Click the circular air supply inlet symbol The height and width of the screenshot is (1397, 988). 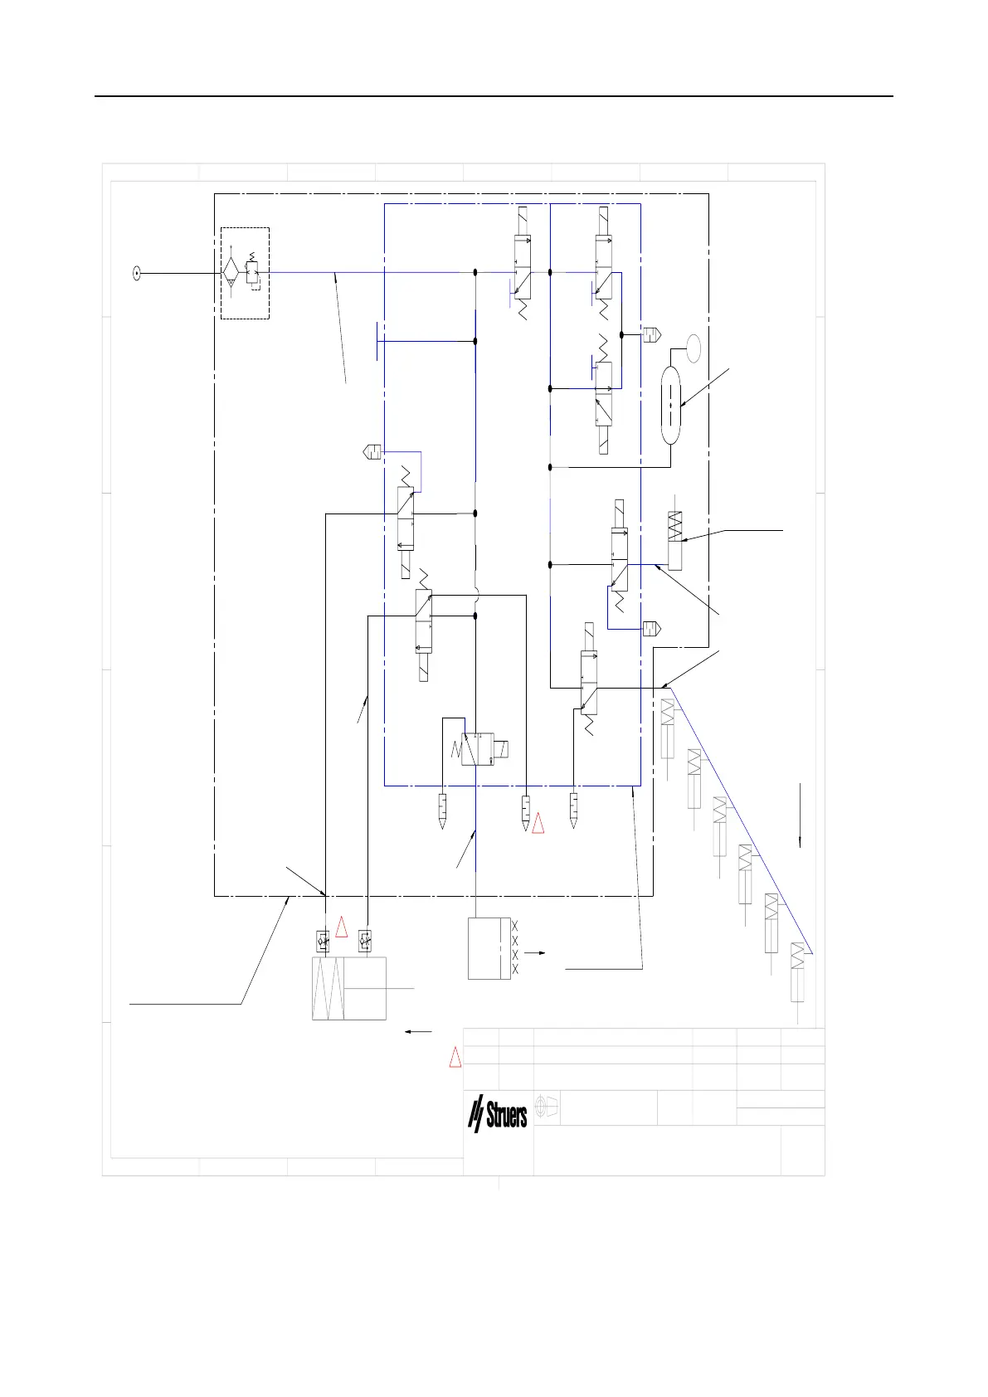pos(137,272)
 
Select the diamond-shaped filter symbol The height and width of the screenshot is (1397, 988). pos(230,272)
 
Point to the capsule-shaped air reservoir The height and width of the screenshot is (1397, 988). pos(670,404)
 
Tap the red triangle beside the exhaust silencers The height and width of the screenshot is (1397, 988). pos(538,823)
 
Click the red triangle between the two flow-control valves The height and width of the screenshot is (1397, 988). pos(341,927)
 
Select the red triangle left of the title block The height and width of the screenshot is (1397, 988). pos(455,1058)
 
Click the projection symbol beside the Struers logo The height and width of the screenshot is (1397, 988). pos(548,1107)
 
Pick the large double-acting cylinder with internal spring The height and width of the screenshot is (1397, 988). pos(349,988)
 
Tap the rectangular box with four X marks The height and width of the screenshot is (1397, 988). pos(489,948)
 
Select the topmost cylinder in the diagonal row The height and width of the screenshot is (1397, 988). pos(667,728)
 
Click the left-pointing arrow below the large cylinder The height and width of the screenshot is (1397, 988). pos(418,1032)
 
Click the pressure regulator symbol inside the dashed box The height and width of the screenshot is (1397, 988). pos(252,271)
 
